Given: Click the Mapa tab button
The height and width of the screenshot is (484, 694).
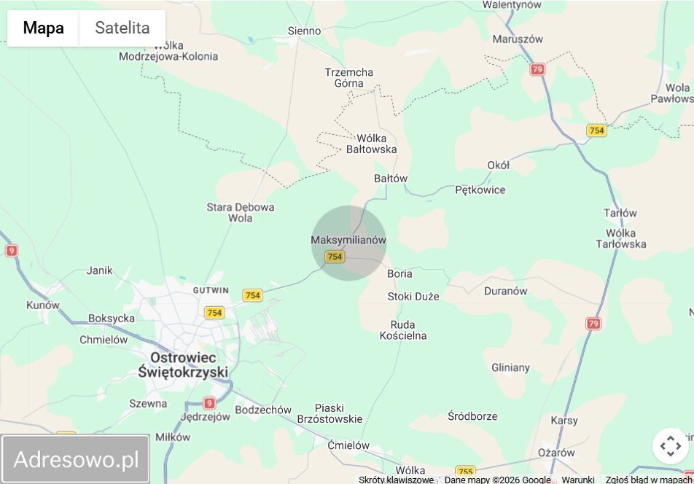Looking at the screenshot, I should tap(43, 28).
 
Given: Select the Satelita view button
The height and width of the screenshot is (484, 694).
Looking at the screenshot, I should tap(122, 28).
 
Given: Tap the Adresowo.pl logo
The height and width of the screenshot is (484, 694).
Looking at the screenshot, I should tap(76, 459).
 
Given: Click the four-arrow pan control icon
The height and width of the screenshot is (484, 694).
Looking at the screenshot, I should tap(671, 445).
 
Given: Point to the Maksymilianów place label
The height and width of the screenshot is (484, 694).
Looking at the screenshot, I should tap(348, 240).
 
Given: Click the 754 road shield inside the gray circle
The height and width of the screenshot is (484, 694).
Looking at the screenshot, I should tap(335, 257).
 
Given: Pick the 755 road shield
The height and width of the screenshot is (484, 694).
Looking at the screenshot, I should tap(465, 472).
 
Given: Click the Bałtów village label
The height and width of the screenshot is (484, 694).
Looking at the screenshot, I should tap(391, 179).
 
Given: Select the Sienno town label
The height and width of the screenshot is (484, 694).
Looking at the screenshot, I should tap(304, 31).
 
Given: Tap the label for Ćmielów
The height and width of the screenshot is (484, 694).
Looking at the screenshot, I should tap(348, 445).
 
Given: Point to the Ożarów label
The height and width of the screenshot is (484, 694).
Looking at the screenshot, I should tap(556, 453).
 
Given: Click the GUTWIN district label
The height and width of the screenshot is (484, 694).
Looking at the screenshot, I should tap(211, 290).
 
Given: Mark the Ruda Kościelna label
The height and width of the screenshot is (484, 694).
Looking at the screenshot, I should tap(403, 330).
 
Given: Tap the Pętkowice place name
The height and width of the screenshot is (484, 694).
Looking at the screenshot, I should tap(480, 190).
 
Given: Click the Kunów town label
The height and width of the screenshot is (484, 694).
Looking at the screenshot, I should tap(43, 305).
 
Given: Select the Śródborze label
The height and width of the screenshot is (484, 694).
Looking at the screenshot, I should tap(472, 416).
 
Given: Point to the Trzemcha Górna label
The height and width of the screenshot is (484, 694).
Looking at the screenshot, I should tap(348, 77).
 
